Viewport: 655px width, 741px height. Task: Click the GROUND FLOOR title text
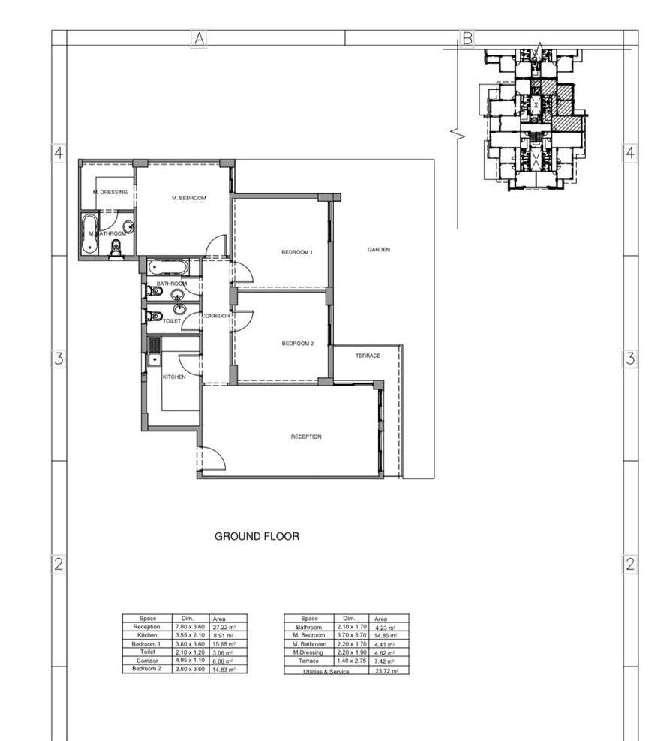(257, 536)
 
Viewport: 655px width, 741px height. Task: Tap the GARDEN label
(379, 250)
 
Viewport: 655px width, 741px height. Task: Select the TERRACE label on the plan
(368, 355)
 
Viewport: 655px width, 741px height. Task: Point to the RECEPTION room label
(306, 436)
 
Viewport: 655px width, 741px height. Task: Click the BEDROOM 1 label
(297, 252)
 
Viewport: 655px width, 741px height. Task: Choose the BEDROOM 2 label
(297, 343)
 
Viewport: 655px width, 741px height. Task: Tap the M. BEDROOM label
(188, 198)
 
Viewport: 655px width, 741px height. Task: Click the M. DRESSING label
(110, 192)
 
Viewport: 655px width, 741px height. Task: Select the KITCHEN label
(174, 376)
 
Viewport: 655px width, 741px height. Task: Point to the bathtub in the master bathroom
(89, 233)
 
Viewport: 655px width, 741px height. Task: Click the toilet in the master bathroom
(116, 248)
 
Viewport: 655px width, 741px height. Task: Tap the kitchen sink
(154, 360)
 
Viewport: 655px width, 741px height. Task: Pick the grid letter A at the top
(199, 38)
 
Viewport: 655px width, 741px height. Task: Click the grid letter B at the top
(467, 38)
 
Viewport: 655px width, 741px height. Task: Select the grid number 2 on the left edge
(59, 564)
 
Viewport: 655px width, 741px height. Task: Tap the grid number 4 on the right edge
(630, 153)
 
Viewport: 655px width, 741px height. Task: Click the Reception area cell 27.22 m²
(224, 628)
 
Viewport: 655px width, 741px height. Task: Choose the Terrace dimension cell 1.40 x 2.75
(351, 661)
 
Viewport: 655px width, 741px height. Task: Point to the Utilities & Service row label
(326, 671)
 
